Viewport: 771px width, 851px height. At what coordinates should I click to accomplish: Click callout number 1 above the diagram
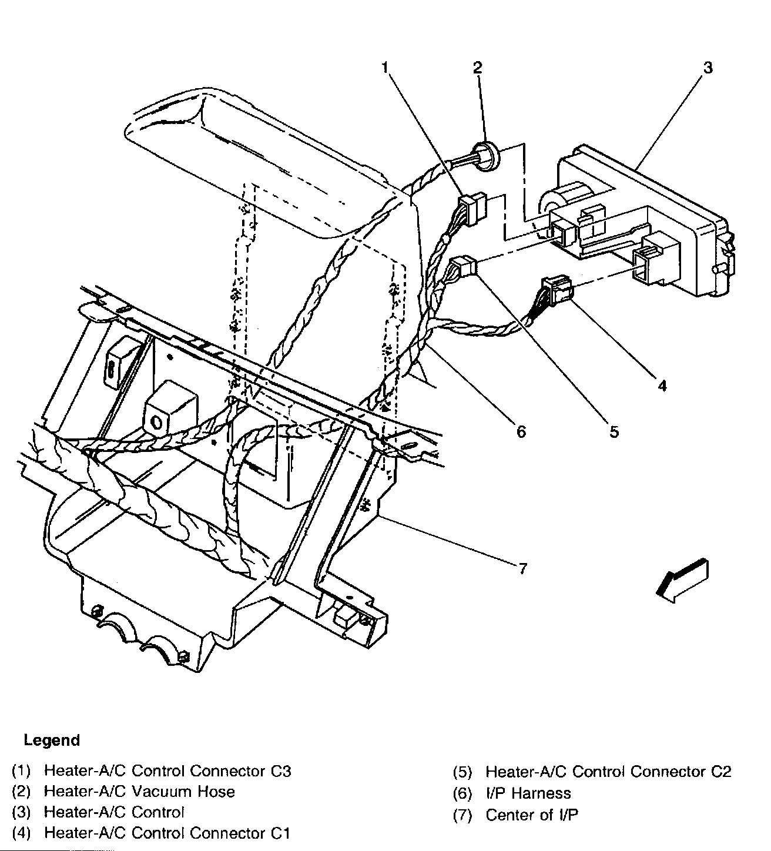coord(385,68)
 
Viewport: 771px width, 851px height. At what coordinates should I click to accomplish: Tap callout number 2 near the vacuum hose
coord(477,67)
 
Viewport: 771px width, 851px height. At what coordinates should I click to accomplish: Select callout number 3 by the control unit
coord(708,68)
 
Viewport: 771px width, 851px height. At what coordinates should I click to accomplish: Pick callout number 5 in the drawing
coord(614,431)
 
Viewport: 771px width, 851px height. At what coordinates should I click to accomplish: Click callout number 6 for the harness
coord(521,431)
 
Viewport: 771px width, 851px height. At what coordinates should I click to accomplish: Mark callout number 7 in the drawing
coord(522,568)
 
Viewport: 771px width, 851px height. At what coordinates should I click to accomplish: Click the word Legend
coord(52,740)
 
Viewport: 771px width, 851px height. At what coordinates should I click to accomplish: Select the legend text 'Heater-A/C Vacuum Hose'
coord(139,792)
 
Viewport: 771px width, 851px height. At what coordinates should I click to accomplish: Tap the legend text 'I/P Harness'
coord(528,793)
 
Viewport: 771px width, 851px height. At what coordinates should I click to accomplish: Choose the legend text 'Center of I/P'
coord(532,815)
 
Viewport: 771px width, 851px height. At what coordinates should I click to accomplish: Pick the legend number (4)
coord(21,833)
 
